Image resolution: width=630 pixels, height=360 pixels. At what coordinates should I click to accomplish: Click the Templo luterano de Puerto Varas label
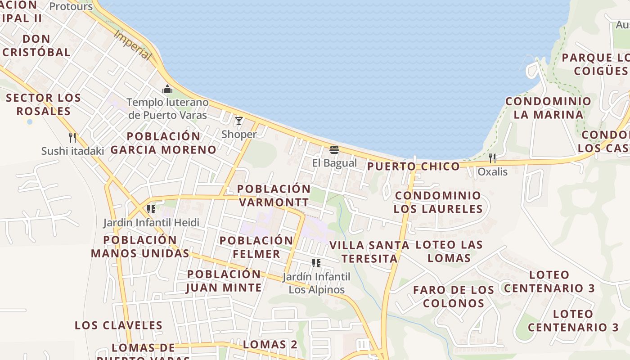167,108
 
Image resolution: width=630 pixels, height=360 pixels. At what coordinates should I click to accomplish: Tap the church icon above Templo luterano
167,89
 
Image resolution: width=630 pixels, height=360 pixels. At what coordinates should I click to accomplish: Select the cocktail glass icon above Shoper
239,121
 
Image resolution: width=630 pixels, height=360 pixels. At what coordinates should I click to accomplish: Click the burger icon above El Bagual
334,149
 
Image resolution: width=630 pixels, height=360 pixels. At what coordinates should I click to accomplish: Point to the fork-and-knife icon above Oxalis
492,158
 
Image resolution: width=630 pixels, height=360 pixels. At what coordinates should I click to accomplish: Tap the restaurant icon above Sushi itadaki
72,137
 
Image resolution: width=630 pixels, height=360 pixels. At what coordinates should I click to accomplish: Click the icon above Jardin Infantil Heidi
151,209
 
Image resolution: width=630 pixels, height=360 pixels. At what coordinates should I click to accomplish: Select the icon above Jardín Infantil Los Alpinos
316,263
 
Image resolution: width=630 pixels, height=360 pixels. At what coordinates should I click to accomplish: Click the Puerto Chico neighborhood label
414,166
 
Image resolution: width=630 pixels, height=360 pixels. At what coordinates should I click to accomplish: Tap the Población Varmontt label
274,195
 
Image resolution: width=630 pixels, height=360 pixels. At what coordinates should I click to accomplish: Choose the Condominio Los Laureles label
438,202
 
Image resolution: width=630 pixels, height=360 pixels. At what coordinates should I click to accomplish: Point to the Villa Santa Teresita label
369,252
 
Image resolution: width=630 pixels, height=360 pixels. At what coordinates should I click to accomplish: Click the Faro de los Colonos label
454,296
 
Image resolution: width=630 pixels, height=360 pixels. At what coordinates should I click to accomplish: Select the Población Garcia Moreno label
163,143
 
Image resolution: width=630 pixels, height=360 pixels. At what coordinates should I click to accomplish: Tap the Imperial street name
132,45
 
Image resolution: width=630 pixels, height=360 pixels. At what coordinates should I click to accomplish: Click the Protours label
71,7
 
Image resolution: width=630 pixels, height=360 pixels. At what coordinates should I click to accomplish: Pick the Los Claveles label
118,325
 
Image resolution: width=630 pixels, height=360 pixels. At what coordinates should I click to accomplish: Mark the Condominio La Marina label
548,108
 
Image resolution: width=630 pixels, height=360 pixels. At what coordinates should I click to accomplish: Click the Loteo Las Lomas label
449,251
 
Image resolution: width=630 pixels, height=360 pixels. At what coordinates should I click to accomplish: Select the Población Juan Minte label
224,281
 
